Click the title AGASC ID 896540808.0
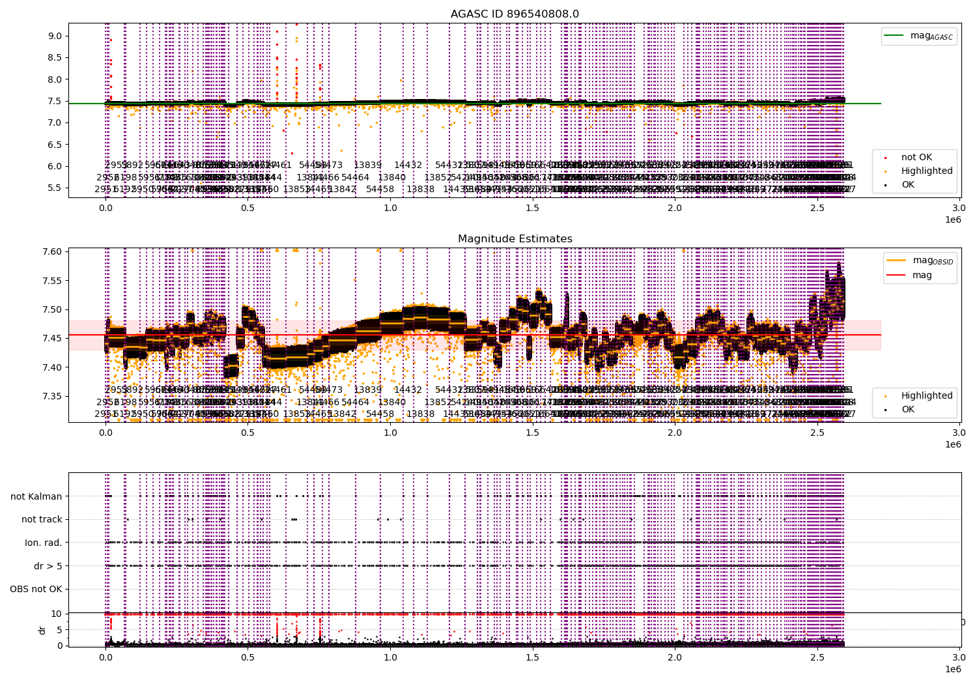coord(515,14)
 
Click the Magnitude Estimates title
coord(515,238)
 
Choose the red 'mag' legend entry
coord(922,275)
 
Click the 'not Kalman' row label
coord(36,496)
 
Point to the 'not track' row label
coord(42,519)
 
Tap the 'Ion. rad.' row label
coord(44,543)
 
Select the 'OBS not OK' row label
coord(36,590)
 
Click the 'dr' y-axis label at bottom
coord(42,630)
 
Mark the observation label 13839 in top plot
coord(367,165)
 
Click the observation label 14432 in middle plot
coord(408,390)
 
